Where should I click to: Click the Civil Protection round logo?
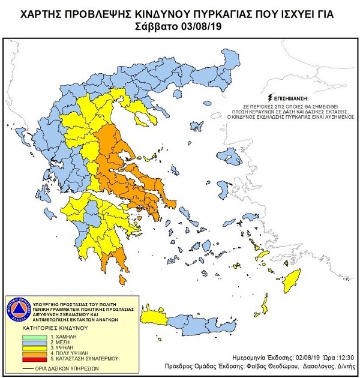[19, 308]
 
